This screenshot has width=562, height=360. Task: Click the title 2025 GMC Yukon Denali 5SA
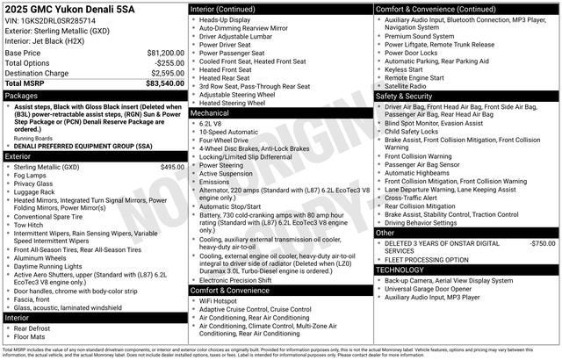(x=70, y=9)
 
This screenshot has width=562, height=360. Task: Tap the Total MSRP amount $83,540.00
(x=164, y=83)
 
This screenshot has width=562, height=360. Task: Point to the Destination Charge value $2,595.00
(x=166, y=73)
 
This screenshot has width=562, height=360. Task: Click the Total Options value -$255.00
(x=169, y=63)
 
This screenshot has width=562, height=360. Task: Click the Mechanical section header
(x=210, y=112)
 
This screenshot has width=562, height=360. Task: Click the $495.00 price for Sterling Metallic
(x=172, y=167)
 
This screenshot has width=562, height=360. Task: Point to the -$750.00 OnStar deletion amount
(x=543, y=242)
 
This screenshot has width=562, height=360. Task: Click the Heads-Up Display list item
(x=226, y=19)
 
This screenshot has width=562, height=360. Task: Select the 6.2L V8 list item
(x=213, y=124)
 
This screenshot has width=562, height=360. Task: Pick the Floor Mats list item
(x=32, y=336)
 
